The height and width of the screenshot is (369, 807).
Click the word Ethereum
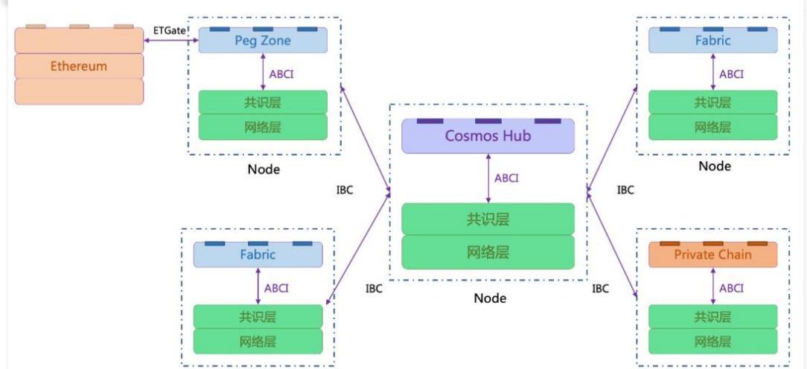click(79, 66)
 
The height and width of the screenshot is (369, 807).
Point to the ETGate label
click(170, 31)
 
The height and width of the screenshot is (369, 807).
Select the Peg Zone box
click(263, 41)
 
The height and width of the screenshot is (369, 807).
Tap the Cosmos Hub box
click(488, 136)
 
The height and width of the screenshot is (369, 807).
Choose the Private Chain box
click(712, 254)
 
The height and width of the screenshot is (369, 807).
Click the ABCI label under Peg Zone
click(281, 74)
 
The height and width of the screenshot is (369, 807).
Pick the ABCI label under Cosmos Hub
click(506, 178)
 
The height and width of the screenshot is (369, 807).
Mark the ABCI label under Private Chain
click(731, 288)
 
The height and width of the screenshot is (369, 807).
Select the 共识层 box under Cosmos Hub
click(488, 219)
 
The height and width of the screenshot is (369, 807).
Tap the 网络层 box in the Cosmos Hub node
click(488, 251)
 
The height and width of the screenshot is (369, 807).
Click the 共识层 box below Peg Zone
click(263, 103)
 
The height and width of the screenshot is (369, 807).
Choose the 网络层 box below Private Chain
click(712, 342)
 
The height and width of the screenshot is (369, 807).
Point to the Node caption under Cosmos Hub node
click(490, 298)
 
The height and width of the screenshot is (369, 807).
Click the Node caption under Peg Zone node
click(264, 170)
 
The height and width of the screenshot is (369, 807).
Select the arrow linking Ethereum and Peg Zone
click(170, 41)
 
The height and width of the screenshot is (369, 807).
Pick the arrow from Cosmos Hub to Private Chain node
click(612, 243)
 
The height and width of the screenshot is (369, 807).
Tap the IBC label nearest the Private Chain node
click(601, 288)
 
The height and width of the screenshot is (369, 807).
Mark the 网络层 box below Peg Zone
click(263, 126)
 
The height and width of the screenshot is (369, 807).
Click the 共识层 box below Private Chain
click(712, 317)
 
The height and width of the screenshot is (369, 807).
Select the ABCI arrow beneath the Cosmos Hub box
click(488, 179)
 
